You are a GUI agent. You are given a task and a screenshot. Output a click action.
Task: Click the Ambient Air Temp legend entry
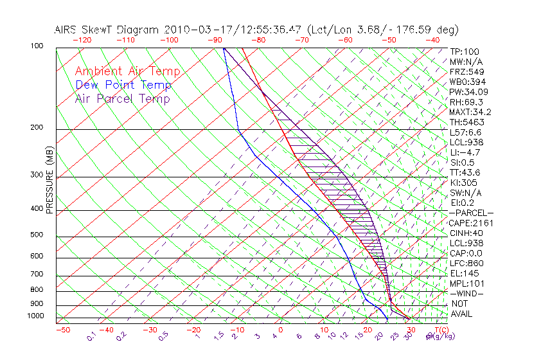point(127,71)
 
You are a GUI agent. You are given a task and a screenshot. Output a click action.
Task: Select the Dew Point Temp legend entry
point(123,85)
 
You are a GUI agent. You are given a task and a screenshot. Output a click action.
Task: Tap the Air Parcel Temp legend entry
point(122,98)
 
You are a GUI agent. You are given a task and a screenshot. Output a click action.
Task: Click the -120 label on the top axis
point(82,40)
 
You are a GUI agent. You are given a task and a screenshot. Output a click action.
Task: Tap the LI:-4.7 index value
point(465,152)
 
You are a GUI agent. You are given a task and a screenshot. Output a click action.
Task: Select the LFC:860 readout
point(465,263)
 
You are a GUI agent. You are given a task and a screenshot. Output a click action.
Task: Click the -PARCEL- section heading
point(471,213)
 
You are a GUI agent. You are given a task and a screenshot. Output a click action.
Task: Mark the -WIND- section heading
point(466,293)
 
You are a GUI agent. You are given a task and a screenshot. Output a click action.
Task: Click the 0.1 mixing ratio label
point(91,336)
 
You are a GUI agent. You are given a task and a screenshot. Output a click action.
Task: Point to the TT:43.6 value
point(465,172)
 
